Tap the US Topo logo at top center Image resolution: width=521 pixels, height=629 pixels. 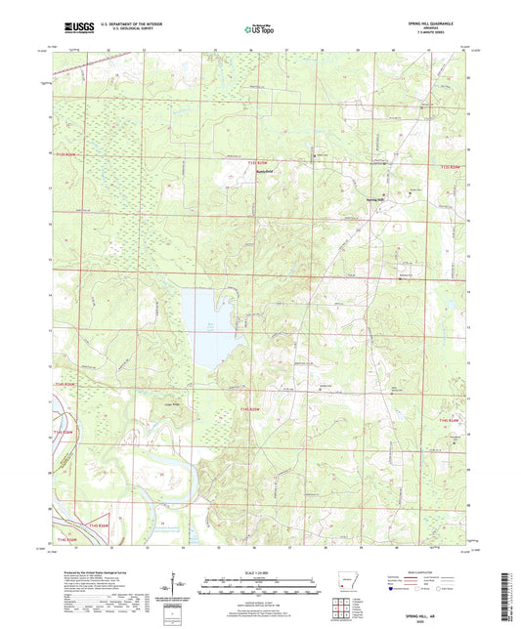pos(259,30)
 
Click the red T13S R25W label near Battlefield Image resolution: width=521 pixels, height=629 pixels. pos(257,162)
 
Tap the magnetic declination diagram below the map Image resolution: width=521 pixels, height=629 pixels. pos(178,586)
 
